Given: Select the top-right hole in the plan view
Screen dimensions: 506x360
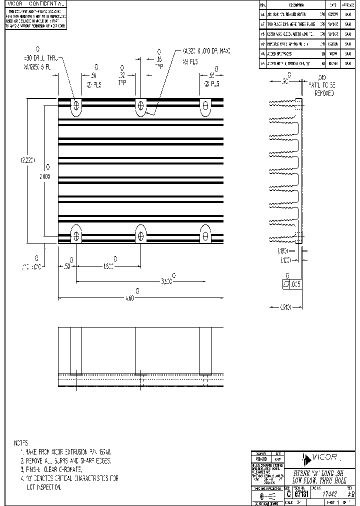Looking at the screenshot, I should pos(204,105).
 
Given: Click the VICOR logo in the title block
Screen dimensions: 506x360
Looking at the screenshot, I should pos(322,456).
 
